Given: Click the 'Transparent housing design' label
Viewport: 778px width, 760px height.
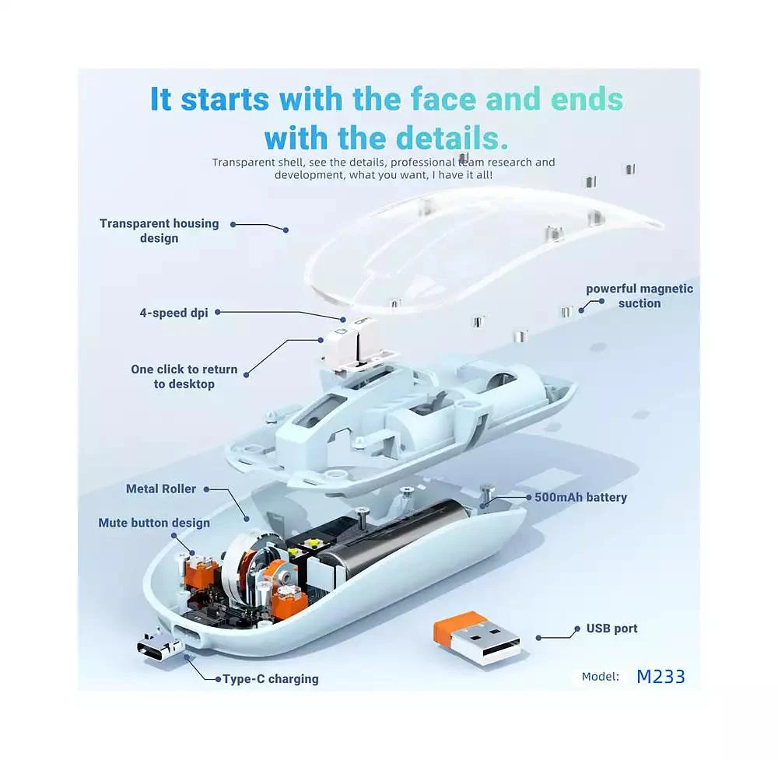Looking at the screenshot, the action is coord(159,231).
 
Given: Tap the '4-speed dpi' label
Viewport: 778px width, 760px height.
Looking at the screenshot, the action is coord(173,313).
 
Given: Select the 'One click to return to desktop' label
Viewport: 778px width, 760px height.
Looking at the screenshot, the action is coord(184,376).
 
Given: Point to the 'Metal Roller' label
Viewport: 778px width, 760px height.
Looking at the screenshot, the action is coord(161,489).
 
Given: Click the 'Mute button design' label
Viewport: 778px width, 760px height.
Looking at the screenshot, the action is coord(154,523).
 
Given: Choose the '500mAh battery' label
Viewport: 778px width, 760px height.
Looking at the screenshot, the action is coord(580,497).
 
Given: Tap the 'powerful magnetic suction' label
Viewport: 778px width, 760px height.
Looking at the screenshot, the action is coord(640,296).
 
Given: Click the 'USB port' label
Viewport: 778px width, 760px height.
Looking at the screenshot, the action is coord(612,629).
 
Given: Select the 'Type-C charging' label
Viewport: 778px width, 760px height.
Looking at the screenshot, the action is coord(271,678).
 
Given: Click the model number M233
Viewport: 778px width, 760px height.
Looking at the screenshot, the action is coord(661,677).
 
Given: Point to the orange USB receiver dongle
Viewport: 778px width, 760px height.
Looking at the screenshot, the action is coord(476,637).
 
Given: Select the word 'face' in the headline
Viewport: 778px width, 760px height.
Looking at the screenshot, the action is coord(443,100).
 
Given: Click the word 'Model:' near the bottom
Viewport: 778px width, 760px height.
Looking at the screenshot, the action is coord(601,677).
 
